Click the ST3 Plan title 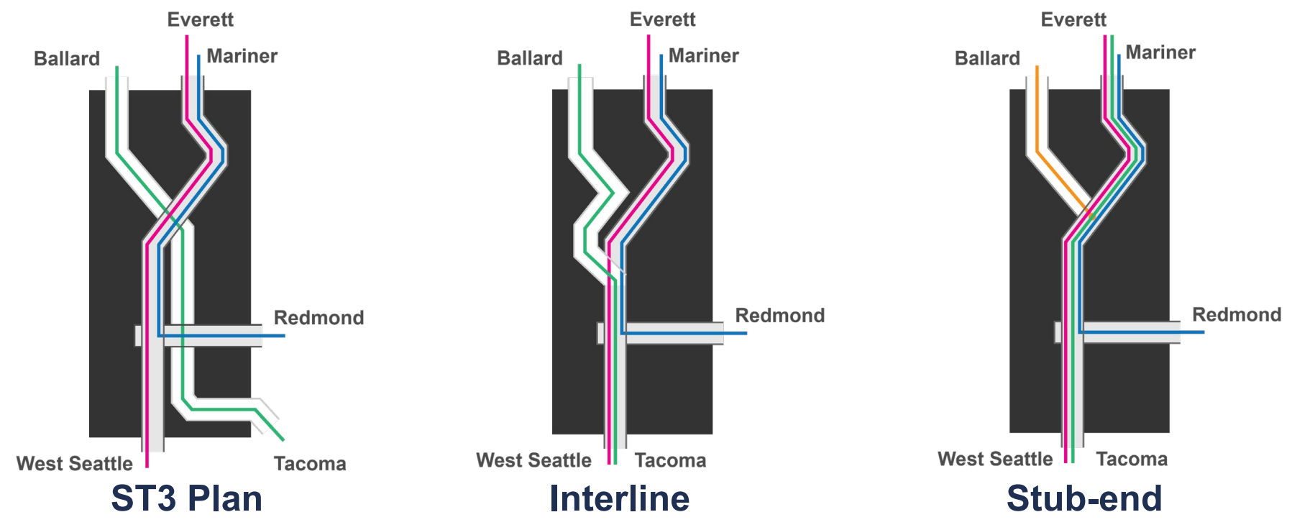[186, 498]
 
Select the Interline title [619, 498]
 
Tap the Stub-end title [1084, 498]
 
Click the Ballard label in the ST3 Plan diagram [67, 59]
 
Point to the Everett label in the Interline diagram [662, 19]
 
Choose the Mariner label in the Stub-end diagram [1160, 52]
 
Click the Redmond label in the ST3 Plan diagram [319, 318]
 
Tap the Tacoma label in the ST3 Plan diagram [310, 464]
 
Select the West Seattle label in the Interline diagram [533, 460]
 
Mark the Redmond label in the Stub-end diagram [1237, 315]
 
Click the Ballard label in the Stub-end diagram [987, 58]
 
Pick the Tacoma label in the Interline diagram [670, 460]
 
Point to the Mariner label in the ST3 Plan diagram [242, 56]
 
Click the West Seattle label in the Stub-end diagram [995, 459]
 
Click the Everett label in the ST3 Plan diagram [200, 19]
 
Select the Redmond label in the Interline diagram [779, 316]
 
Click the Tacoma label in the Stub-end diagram [1132, 459]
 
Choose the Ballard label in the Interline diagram [530, 58]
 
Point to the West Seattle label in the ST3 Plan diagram [75, 464]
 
